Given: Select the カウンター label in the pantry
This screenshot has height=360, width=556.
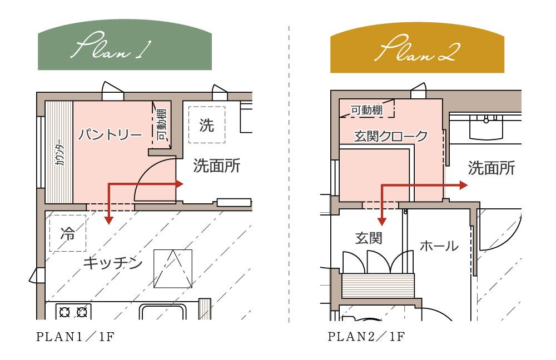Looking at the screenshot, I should tap(59, 155).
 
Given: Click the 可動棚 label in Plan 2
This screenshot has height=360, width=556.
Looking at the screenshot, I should tap(366, 110).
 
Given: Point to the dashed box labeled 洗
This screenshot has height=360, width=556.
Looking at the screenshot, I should tap(206, 125).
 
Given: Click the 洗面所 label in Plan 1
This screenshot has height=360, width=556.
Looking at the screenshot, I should tap(216, 165).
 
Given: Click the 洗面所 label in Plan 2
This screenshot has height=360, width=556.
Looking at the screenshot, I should tap(491, 167).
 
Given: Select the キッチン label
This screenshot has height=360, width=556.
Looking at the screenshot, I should tap(113, 263).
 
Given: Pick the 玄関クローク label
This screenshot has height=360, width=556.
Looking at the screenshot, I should tap(391, 136).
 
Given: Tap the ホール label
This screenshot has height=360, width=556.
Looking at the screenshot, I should tap(439, 245).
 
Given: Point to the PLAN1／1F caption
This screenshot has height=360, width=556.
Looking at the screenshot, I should tap(76, 337).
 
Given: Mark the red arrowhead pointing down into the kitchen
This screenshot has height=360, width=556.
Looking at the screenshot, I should tap(108, 219).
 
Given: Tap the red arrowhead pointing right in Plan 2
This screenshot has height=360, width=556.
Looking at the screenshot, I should tap(463, 185).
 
